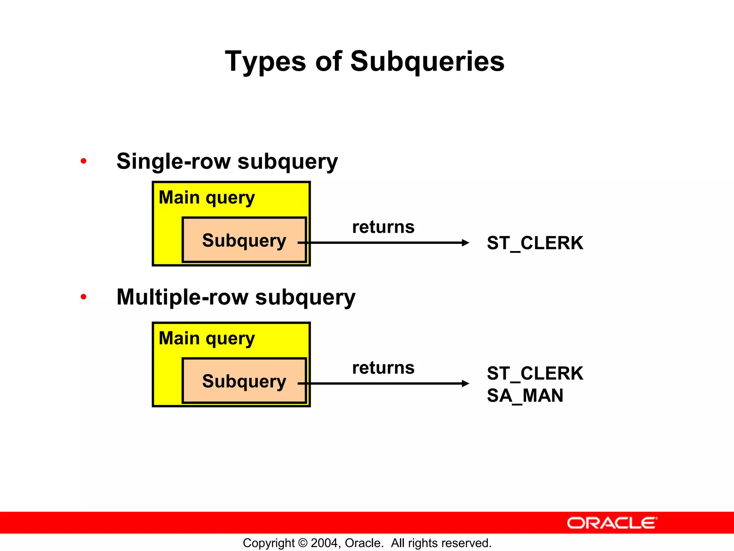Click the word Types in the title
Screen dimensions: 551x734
pyautogui.click(x=265, y=62)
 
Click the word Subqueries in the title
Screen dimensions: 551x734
pyautogui.click(x=427, y=62)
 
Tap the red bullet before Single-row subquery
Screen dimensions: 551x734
pyautogui.click(x=84, y=161)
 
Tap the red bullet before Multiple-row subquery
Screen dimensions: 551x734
pyautogui.click(x=84, y=297)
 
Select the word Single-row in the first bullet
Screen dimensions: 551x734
pyautogui.click(x=173, y=161)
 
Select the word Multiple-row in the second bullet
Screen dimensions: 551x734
pyautogui.click(x=182, y=297)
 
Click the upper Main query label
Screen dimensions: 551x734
pyautogui.click(x=207, y=198)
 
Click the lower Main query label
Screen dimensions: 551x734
pyautogui.click(x=207, y=338)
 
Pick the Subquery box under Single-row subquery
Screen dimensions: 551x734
pyautogui.click(x=244, y=240)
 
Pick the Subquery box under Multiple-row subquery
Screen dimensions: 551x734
pyautogui.click(x=244, y=381)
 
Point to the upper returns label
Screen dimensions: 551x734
pyautogui.click(x=383, y=227)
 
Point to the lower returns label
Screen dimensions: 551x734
pyautogui.click(x=383, y=368)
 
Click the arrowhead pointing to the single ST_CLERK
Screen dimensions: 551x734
pyautogui.click(x=465, y=243)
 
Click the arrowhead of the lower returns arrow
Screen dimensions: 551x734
pyautogui.click(x=465, y=383)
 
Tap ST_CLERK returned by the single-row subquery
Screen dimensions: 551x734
pyautogui.click(x=535, y=243)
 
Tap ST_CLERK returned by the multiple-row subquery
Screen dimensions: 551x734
pyautogui.click(x=535, y=373)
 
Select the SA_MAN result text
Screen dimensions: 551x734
pyautogui.click(x=525, y=396)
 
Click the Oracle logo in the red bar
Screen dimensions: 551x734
pyautogui.click(x=612, y=523)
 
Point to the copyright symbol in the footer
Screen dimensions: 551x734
pyautogui.click(x=303, y=543)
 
